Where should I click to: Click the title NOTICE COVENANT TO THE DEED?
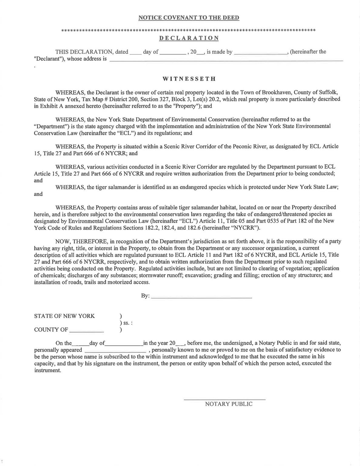(189, 18)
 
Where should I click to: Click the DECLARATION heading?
(189, 38)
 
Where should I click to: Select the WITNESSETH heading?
(189, 79)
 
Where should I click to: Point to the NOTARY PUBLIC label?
(228, 404)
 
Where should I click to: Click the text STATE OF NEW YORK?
(64, 316)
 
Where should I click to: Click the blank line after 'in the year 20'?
(180, 344)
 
